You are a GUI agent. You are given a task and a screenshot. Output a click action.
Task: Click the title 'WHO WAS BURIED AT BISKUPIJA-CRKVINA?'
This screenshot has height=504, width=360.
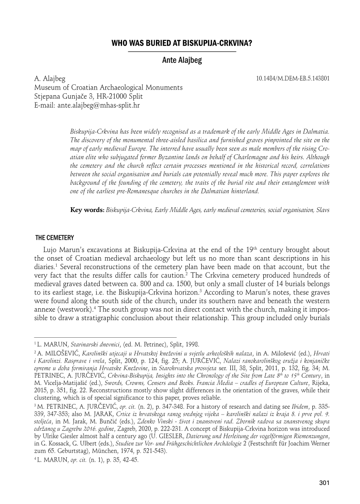coord(182,43)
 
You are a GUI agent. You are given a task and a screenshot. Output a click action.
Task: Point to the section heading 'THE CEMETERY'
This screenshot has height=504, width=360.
coord(54,238)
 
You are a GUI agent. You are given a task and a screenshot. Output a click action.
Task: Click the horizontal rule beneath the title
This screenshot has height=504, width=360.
coord(182,51)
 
